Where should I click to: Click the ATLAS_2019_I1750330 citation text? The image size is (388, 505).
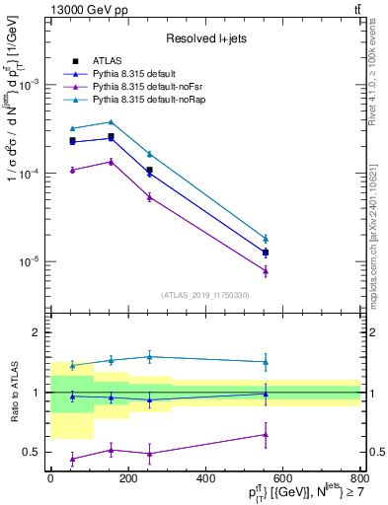coord(205,294)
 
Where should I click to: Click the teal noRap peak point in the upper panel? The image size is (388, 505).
coord(111,122)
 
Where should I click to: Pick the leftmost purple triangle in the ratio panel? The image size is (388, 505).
coord(72,459)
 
